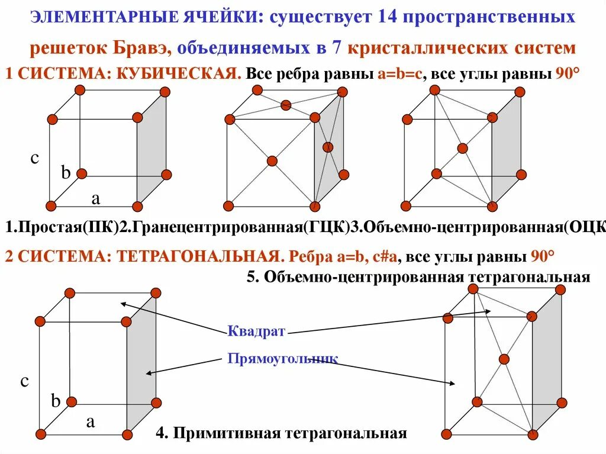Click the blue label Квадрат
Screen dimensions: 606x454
[256, 331]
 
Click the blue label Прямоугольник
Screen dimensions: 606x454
[282, 359]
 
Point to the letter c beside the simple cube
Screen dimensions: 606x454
[34, 158]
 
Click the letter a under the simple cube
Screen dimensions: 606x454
[95, 199]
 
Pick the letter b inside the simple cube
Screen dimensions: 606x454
[66, 173]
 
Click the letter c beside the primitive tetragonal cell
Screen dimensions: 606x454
[25, 381]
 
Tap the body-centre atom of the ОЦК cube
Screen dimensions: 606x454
[462, 148]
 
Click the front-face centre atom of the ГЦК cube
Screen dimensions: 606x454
[272, 160]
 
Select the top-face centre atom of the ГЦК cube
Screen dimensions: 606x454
[286, 105]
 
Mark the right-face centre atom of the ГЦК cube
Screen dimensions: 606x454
[328, 147]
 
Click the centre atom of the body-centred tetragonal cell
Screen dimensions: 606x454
[504, 359]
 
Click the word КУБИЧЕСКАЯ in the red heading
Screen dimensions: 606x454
[178, 75]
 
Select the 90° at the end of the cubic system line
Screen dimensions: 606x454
[568, 75]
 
